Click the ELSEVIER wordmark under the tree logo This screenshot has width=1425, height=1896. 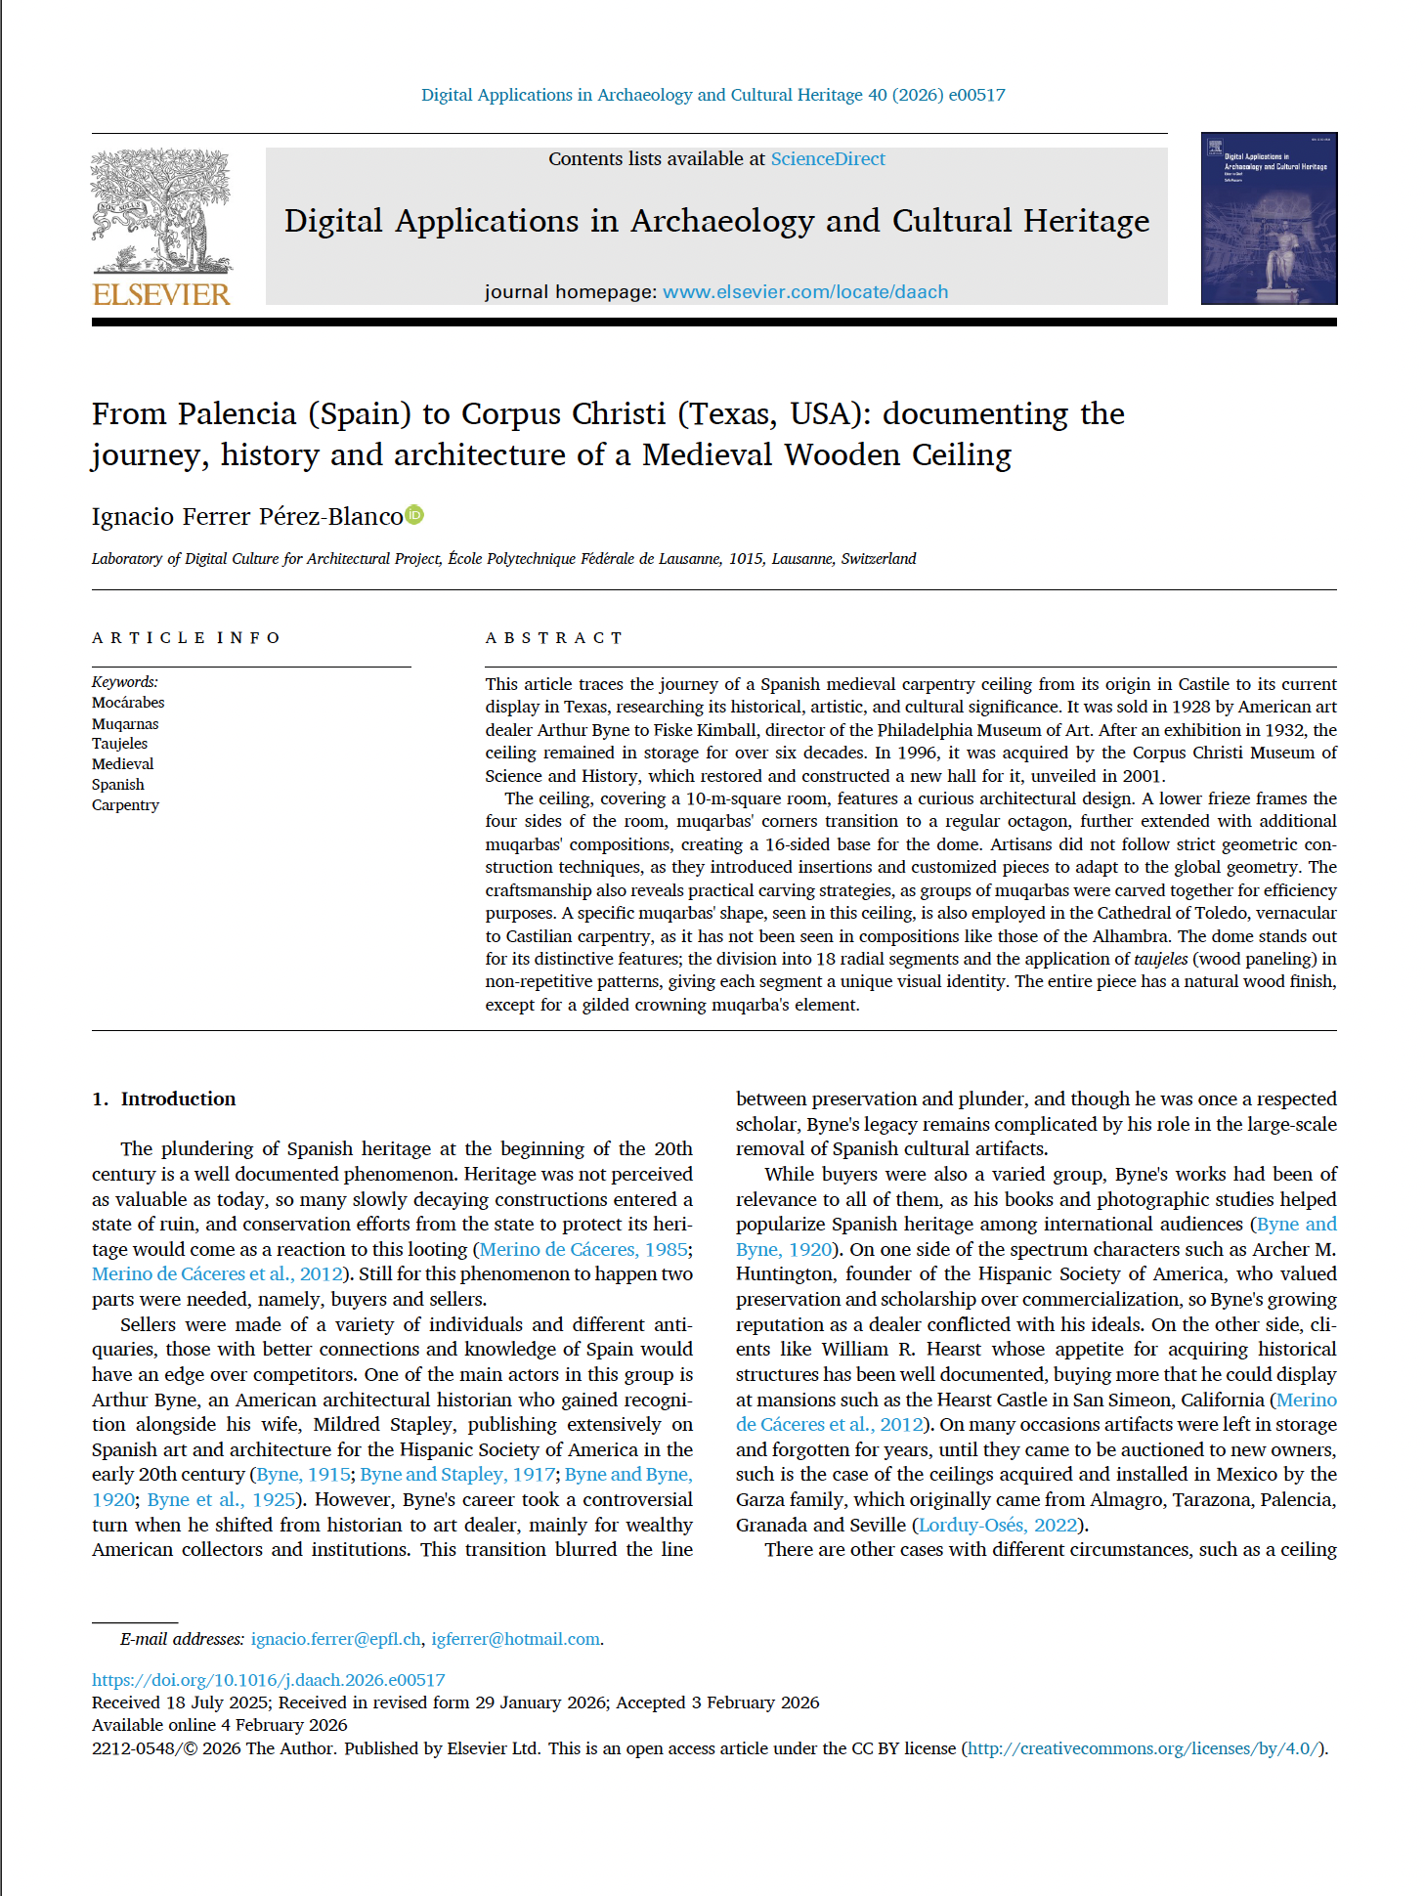tap(161, 294)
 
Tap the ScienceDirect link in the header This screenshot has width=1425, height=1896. tap(827, 159)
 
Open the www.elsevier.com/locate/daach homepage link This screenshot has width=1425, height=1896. tap(804, 292)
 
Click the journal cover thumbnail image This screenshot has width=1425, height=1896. tap(1268, 219)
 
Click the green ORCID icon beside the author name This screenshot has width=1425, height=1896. tap(414, 515)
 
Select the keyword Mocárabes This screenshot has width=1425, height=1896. tap(128, 703)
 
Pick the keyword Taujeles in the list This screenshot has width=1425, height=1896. tap(119, 744)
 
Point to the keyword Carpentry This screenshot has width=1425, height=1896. tap(125, 805)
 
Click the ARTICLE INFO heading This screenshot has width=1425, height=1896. tap(186, 638)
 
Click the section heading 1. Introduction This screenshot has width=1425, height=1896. tap(163, 1099)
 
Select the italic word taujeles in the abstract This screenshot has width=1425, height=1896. tap(1160, 959)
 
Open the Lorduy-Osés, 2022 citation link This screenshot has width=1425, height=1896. tap(997, 1525)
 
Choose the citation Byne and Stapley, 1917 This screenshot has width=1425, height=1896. tap(457, 1475)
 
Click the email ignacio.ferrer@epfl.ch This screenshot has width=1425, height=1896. tap(335, 1639)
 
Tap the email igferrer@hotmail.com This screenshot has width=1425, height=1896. tap(515, 1639)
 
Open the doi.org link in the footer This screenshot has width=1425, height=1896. tap(268, 1680)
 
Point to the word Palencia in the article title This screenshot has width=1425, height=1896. tap(237, 414)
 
